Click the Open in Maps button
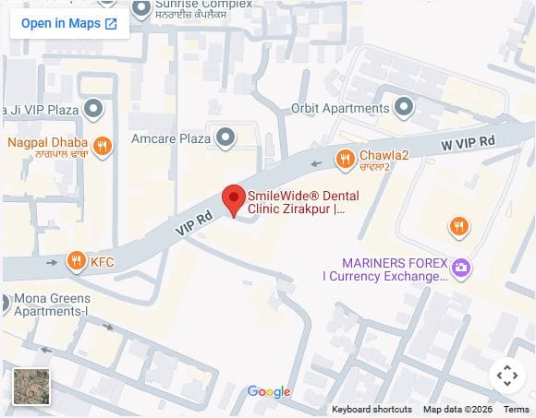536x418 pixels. (x=69, y=23)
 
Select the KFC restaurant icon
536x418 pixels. (x=77, y=262)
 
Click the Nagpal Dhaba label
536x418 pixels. (x=48, y=143)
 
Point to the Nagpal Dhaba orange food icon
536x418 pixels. (x=104, y=144)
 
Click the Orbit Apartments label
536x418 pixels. (x=340, y=108)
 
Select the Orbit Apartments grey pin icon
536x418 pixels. (x=403, y=108)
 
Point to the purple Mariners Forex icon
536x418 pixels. (x=460, y=269)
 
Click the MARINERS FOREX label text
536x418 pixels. (x=381, y=262)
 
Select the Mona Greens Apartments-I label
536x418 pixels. (x=51, y=305)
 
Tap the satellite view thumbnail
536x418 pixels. (x=32, y=387)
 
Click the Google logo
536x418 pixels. (x=269, y=392)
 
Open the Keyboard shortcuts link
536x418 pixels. (x=372, y=409)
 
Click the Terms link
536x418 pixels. (x=516, y=409)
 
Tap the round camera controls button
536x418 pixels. (x=506, y=375)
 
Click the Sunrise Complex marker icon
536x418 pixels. (x=141, y=9)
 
